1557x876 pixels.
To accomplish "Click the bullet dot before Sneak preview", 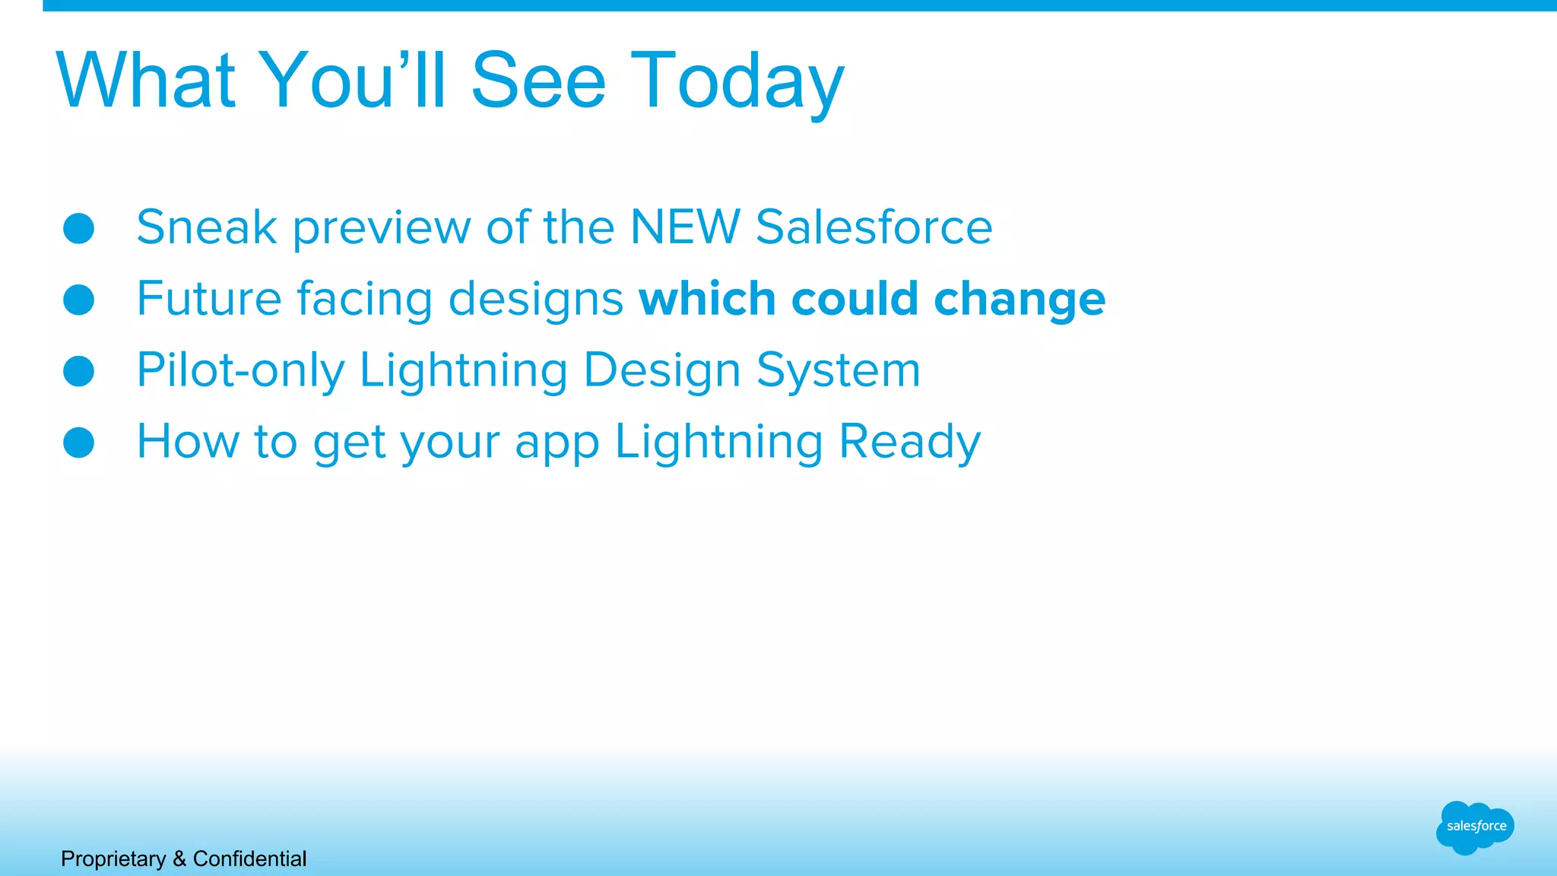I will click(78, 228).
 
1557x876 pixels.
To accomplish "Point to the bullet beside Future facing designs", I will click(78, 300).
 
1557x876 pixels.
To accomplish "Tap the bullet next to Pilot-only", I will click(78, 371).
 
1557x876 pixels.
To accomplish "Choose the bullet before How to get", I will click(78, 443).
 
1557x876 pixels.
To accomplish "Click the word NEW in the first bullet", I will click(685, 227).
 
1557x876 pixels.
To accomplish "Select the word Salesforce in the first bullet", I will click(874, 227).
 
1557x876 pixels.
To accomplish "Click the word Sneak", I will click(206, 227).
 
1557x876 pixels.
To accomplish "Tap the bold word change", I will click(1019, 299).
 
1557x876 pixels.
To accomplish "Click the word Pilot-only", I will click(240, 370).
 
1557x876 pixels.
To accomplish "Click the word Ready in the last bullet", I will click(909, 442).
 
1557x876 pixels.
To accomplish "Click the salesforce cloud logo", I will click(1475, 827).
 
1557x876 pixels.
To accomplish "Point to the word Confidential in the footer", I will click(249, 859).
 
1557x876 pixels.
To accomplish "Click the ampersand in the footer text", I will click(179, 859).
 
